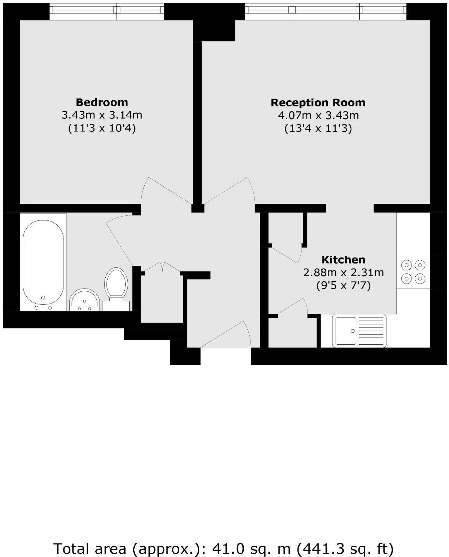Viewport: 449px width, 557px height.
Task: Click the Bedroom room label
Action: pos(102,103)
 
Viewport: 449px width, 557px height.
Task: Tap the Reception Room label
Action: pos(318,103)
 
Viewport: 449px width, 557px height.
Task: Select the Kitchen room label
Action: pos(343,260)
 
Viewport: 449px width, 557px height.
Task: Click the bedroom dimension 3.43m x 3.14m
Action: pos(102,115)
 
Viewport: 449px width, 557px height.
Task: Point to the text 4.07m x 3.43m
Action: pos(318,116)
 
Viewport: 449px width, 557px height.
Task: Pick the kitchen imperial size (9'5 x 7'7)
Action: pos(343,286)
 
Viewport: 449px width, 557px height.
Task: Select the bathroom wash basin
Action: pos(85,300)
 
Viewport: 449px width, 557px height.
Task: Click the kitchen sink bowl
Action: pos(346,331)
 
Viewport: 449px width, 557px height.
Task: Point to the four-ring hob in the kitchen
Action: pos(413,272)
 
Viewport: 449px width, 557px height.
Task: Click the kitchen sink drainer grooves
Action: pos(372,331)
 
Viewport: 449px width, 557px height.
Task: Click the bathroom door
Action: pos(120,240)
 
